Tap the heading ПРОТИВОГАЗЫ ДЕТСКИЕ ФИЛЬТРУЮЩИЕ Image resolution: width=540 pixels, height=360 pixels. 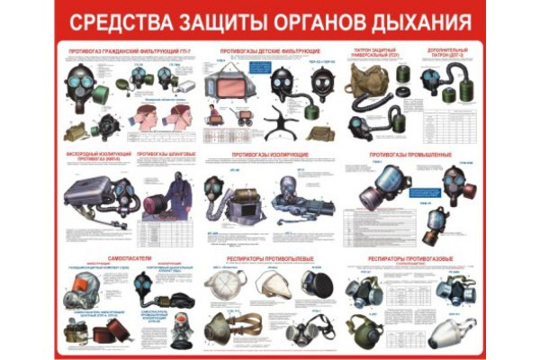(270, 51)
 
